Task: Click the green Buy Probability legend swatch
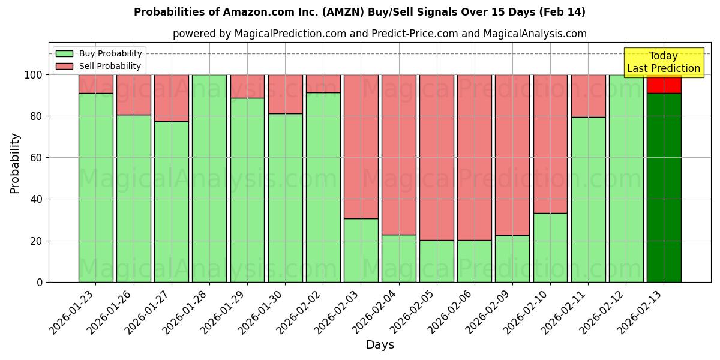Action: (x=64, y=54)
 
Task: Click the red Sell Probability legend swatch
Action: (x=64, y=67)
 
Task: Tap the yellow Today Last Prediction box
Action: (x=664, y=62)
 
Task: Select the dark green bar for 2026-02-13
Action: (x=664, y=187)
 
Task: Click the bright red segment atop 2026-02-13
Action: (x=664, y=85)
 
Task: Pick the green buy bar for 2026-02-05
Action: (x=437, y=261)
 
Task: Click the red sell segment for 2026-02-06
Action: (x=475, y=157)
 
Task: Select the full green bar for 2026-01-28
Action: (x=209, y=178)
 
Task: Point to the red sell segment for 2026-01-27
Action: (x=172, y=98)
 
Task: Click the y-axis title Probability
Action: (x=15, y=163)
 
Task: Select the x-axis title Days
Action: (x=380, y=345)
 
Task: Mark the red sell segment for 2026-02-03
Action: (x=361, y=146)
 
